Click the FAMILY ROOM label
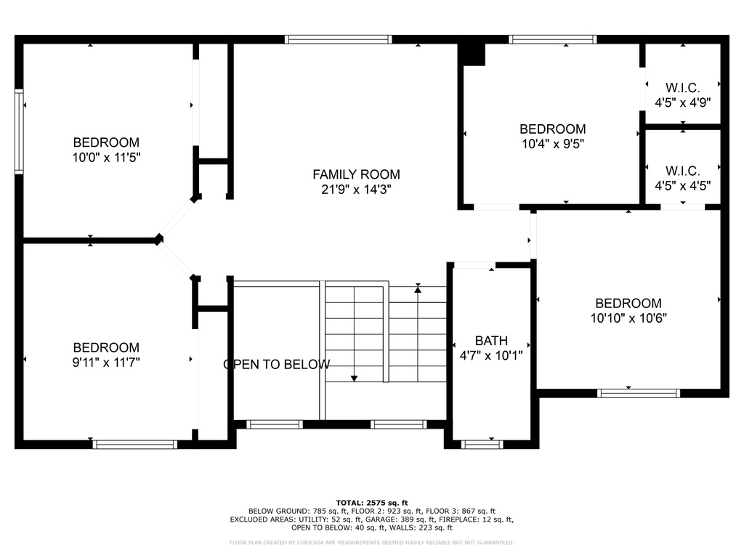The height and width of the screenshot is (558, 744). [356, 174]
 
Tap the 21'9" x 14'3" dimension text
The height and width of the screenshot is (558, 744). [356, 190]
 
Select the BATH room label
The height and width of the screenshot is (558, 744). [491, 341]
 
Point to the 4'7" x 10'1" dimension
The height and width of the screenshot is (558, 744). [491, 355]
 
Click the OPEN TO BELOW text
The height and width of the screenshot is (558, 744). [277, 365]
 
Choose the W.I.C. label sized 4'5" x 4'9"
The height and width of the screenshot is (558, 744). [683, 88]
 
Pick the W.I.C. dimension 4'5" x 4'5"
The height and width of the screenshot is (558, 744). [683, 186]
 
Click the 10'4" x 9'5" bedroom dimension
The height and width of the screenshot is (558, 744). [553, 144]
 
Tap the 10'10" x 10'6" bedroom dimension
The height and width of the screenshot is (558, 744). [628, 318]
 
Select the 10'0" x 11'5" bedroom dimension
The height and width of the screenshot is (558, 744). [106, 158]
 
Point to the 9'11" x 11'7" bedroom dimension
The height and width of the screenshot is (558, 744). [106, 363]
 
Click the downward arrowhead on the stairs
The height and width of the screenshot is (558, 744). [354, 378]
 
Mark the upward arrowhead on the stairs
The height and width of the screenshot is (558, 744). [418, 288]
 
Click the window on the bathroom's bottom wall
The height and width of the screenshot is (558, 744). [482, 445]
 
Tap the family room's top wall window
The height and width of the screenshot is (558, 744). [339, 39]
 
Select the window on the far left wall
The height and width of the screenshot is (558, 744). [19, 132]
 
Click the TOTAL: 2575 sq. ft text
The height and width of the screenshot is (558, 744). [372, 503]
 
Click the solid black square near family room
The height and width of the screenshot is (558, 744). [472, 54]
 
